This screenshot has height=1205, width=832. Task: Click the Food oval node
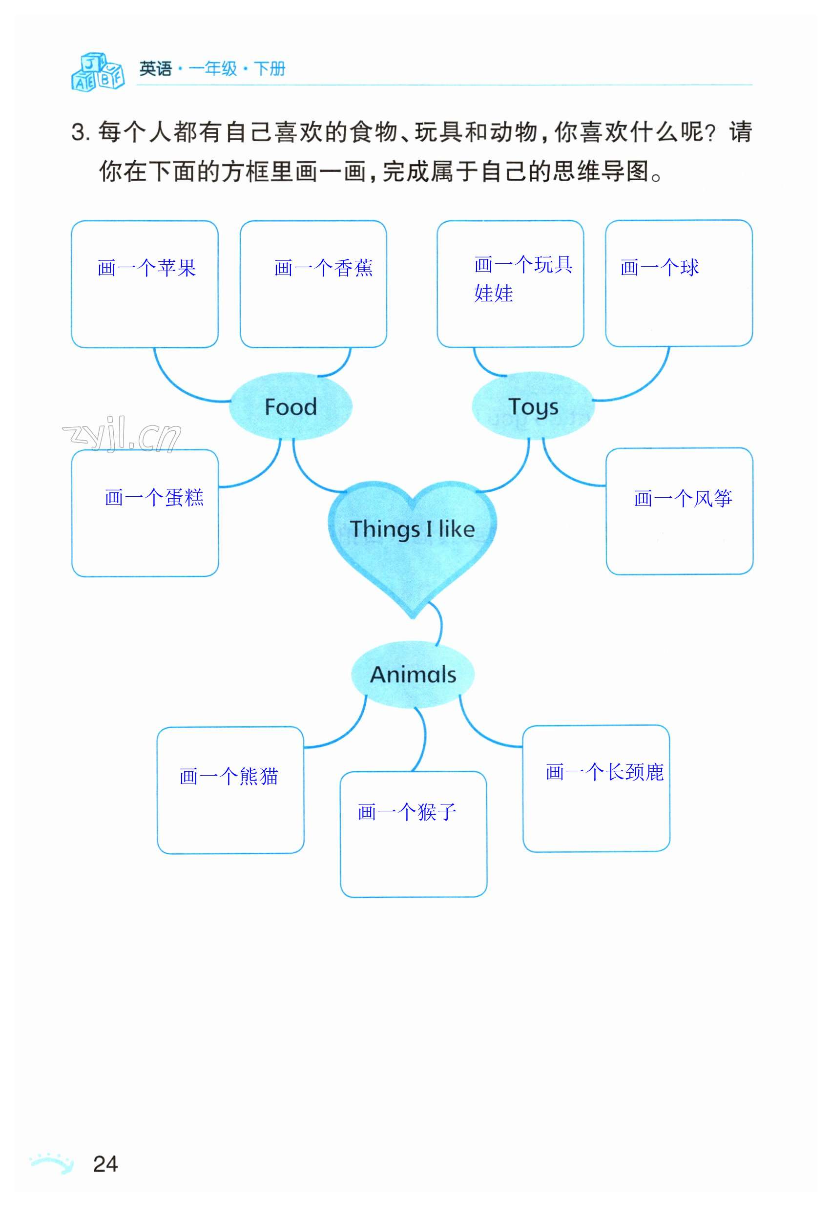pyautogui.click(x=291, y=407)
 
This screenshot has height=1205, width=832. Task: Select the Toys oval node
pyautogui.click(x=533, y=407)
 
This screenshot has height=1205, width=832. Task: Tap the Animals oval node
pyautogui.click(x=413, y=674)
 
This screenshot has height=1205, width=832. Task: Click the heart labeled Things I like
pyautogui.click(x=413, y=537)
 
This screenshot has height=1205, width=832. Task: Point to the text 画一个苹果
pyautogui.click(x=146, y=268)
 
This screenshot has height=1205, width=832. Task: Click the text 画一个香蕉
pyautogui.click(x=323, y=268)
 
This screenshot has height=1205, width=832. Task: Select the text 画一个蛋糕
pyautogui.click(x=154, y=497)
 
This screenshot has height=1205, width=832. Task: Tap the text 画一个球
pyautogui.click(x=660, y=268)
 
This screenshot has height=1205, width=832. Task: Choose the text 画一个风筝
pyautogui.click(x=683, y=499)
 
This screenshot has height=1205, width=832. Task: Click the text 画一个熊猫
pyautogui.click(x=229, y=777)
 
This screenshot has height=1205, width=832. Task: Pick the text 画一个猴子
pyautogui.click(x=407, y=812)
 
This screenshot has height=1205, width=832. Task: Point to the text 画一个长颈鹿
pyautogui.click(x=604, y=772)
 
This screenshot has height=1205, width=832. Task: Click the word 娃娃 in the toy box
pyautogui.click(x=493, y=294)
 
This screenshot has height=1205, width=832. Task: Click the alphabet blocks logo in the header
pyautogui.click(x=98, y=71)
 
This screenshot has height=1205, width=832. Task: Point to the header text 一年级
pyautogui.click(x=213, y=68)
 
